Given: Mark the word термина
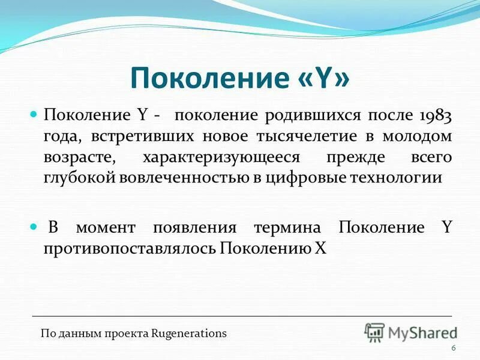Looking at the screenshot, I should pyautogui.click(x=287, y=228).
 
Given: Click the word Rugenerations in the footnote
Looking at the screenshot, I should pyautogui.click(x=190, y=334).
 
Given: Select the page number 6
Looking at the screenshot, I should pyautogui.click(x=453, y=349).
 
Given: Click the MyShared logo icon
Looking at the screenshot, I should pyautogui.click(x=374, y=332).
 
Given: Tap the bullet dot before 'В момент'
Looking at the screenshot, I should pyautogui.click(x=34, y=227).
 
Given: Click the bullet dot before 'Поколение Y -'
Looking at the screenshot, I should pyautogui.click(x=34, y=113).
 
